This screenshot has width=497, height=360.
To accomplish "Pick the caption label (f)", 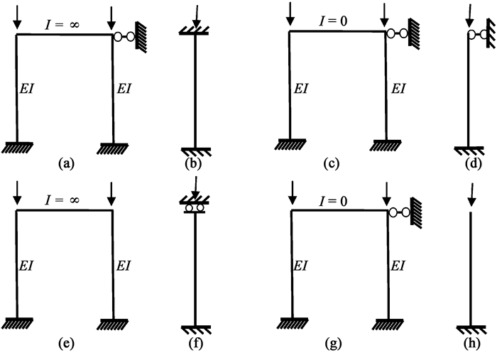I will point(194,344).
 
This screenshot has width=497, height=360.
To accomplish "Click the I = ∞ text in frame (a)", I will point(62,23).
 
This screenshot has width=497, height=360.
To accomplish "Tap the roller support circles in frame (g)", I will point(398,212).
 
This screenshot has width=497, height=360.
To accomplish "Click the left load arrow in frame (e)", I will point(16,194).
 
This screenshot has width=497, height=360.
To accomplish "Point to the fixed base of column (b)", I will point(194,151).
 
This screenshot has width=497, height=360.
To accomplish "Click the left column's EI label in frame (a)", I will point(28,88).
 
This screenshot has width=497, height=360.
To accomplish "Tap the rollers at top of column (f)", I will point(194,208).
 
